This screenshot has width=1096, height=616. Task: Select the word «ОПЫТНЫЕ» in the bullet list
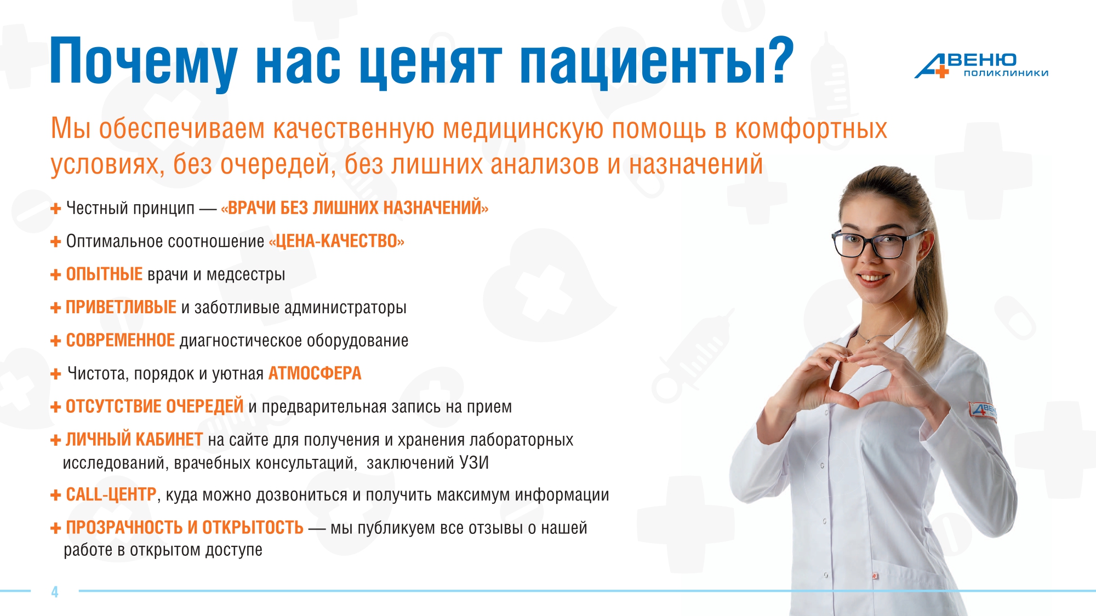(104, 274)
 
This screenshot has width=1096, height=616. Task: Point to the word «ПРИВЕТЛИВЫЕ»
(121, 307)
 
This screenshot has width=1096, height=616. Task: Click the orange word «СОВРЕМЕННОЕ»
(121, 340)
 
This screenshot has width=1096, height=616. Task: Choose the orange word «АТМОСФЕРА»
(315, 373)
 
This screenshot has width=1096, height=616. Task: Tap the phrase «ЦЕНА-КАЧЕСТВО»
(336, 241)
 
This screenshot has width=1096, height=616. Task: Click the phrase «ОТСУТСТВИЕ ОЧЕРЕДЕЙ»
(155, 406)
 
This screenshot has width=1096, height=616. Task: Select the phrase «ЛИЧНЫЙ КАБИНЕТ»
(135, 439)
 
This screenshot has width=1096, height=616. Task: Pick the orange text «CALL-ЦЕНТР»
(111, 494)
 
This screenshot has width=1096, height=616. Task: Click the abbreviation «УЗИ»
(474, 463)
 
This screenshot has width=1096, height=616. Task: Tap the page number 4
(55, 592)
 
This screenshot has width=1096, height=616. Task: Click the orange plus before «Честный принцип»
(55, 209)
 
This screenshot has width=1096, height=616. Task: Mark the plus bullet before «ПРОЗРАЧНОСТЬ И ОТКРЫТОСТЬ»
(55, 528)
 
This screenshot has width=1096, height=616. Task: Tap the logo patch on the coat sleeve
(983, 410)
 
